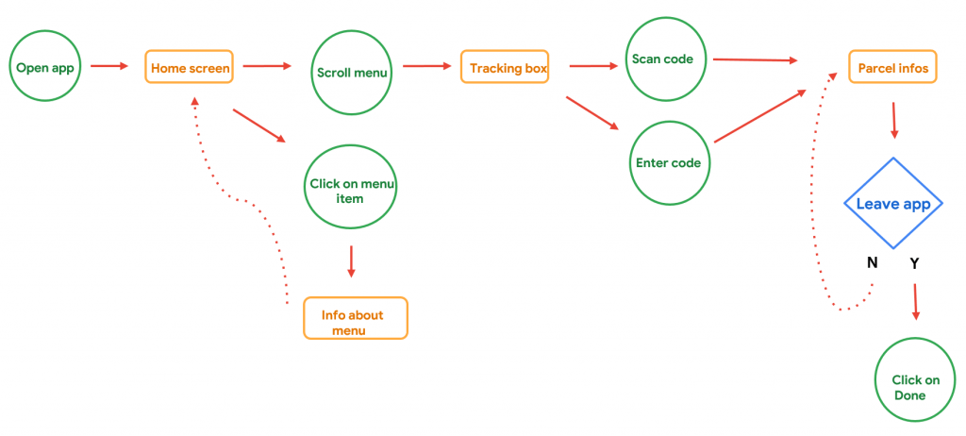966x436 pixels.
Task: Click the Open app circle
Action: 44,68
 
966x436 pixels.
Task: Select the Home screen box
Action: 189,68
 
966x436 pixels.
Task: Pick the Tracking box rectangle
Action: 504,68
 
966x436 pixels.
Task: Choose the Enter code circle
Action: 668,162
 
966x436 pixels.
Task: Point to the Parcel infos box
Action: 892,68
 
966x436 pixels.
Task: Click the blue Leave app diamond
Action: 892,204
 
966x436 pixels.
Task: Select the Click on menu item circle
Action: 350,191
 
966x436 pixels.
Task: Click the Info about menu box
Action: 355,319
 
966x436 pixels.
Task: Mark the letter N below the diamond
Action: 873,262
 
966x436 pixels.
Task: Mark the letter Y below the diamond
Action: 913,263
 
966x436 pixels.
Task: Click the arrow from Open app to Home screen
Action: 109,66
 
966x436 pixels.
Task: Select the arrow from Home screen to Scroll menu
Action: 267,66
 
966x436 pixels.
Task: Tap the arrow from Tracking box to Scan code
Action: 592,66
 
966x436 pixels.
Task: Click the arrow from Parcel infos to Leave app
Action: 893,120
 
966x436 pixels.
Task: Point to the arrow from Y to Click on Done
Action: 914,302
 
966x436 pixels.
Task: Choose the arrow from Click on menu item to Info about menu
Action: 351,260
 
